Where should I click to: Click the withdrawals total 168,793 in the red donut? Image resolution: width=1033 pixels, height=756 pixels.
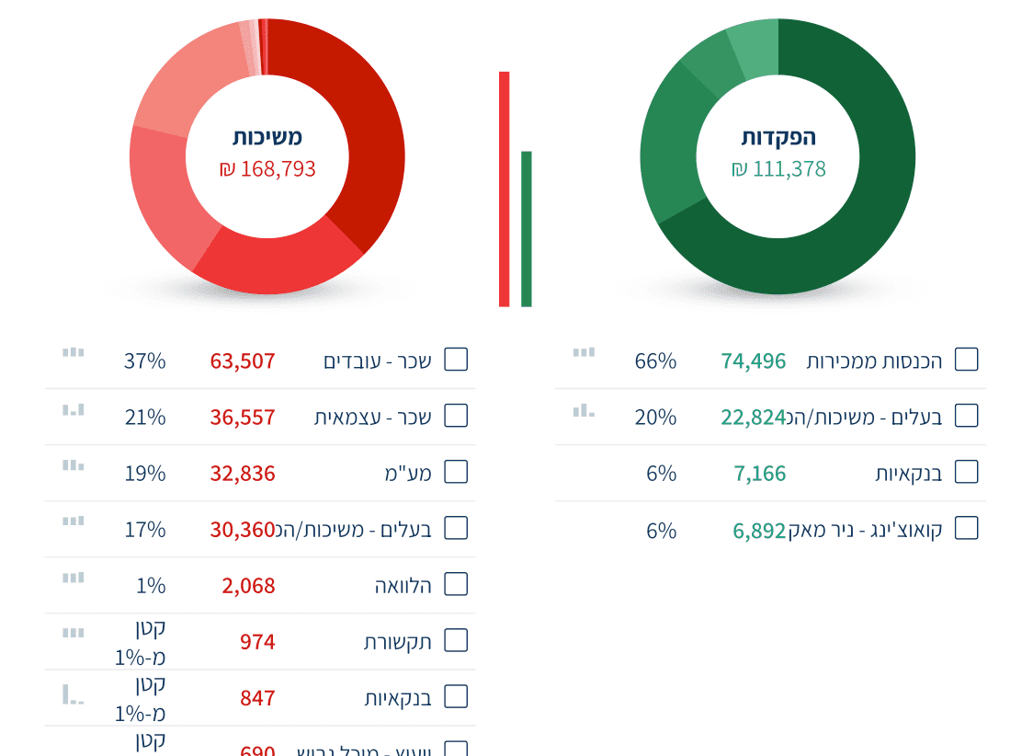pyautogui.click(x=267, y=169)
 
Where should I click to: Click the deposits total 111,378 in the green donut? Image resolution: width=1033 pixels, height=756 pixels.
pyautogui.click(x=778, y=169)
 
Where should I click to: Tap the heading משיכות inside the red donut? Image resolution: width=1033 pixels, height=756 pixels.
pyautogui.click(x=267, y=137)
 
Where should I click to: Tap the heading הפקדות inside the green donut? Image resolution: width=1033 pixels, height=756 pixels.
pyautogui.click(x=778, y=137)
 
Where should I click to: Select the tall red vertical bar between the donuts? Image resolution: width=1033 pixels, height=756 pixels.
pyautogui.click(x=504, y=189)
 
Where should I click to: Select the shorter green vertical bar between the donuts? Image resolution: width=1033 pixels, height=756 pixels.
pyautogui.click(x=527, y=229)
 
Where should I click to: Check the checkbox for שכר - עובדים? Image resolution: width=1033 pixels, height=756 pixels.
pyautogui.click(x=456, y=360)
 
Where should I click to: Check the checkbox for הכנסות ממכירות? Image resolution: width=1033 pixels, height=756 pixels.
pyautogui.click(x=966, y=360)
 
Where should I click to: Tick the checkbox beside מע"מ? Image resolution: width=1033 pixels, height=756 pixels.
pyautogui.click(x=456, y=472)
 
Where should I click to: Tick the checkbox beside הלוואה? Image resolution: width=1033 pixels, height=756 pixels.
pyautogui.click(x=456, y=584)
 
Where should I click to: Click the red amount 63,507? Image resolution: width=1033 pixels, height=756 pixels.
pyautogui.click(x=243, y=361)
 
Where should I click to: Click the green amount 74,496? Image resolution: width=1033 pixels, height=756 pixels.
pyautogui.click(x=754, y=361)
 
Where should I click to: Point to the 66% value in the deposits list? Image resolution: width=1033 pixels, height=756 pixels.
pyautogui.click(x=655, y=361)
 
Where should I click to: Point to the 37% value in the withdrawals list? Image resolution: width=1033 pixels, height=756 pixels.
pyautogui.click(x=145, y=361)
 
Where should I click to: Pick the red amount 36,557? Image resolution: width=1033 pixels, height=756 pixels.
pyautogui.click(x=243, y=418)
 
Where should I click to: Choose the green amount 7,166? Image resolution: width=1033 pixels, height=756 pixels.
pyautogui.click(x=760, y=474)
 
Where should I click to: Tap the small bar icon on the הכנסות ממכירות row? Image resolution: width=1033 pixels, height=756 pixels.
pyautogui.click(x=584, y=352)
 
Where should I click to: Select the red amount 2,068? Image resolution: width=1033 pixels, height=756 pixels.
pyautogui.click(x=248, y=586)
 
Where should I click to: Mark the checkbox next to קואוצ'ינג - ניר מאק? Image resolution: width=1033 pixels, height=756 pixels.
pyautogui.click(x=966, y=528)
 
